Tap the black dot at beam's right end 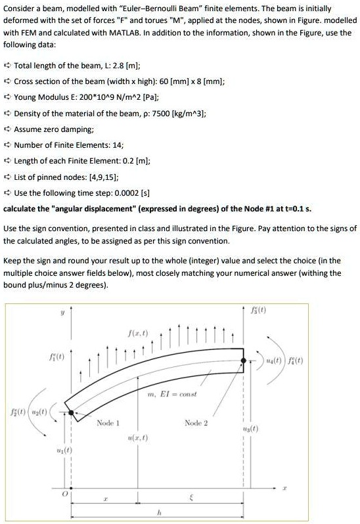(x=243, y=360)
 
